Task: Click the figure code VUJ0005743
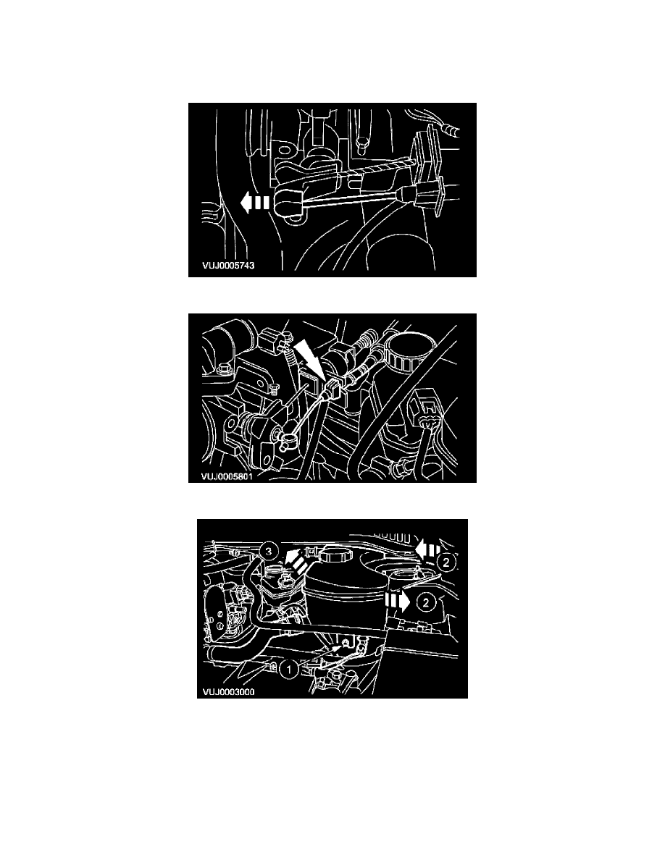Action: [x=227, y=266]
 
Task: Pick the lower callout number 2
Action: [x=427, y=601]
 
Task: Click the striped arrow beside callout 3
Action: [x=293, y=559]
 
